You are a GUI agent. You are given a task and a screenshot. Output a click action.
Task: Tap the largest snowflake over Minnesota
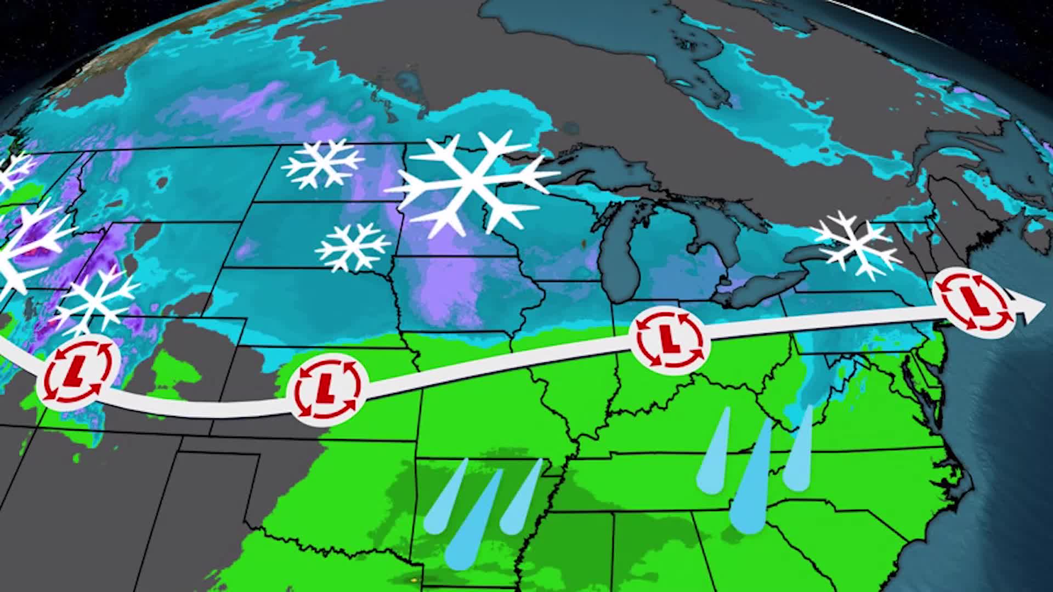point(471,183)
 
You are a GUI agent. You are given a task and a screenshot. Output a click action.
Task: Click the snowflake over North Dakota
point(324,163)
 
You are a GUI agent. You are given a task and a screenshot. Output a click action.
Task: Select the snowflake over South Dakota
point(353,247)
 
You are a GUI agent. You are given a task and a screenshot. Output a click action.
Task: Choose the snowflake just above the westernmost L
point(96,300)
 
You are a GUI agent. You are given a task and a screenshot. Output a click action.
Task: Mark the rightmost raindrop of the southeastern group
point(798,455)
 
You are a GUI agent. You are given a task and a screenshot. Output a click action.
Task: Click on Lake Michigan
point(622,258)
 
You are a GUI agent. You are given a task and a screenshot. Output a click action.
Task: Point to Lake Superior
point(603,164)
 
